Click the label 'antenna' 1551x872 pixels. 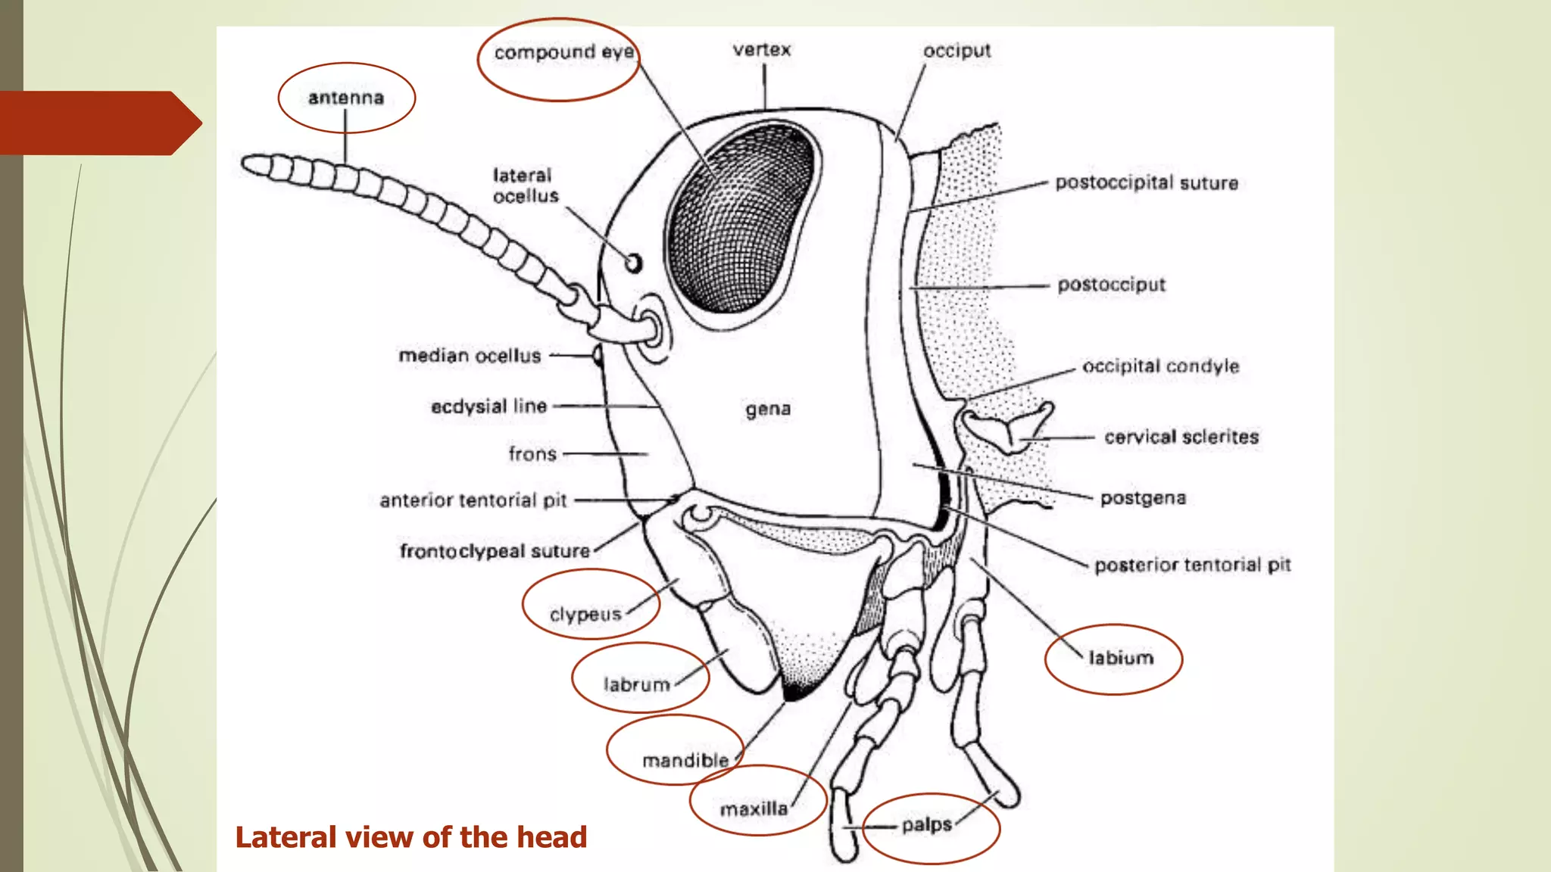click(346, 98)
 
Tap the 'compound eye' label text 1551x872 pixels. click(563, 52)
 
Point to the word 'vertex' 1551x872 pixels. click(762, 50)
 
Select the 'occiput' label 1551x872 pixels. click(957, 51)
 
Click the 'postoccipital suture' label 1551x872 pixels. click(1147, 183)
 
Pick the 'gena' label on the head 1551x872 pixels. click(768, 410)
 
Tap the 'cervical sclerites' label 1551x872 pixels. click(1181, 437)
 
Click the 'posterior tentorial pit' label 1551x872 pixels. click(1192, 565)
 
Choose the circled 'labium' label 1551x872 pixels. click(1121, 658)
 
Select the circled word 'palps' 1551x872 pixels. click(926, 824)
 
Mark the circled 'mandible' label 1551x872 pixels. click(685, 760)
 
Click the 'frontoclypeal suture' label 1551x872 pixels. click(495, 551)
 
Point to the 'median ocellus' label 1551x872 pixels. click(470, 356)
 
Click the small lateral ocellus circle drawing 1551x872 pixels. click(634, 263)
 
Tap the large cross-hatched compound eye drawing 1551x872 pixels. click(738, 220)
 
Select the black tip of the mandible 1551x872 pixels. click(794, 691)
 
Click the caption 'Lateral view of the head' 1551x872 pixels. click(411, 837)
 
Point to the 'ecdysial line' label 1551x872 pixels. click(488, 406)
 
